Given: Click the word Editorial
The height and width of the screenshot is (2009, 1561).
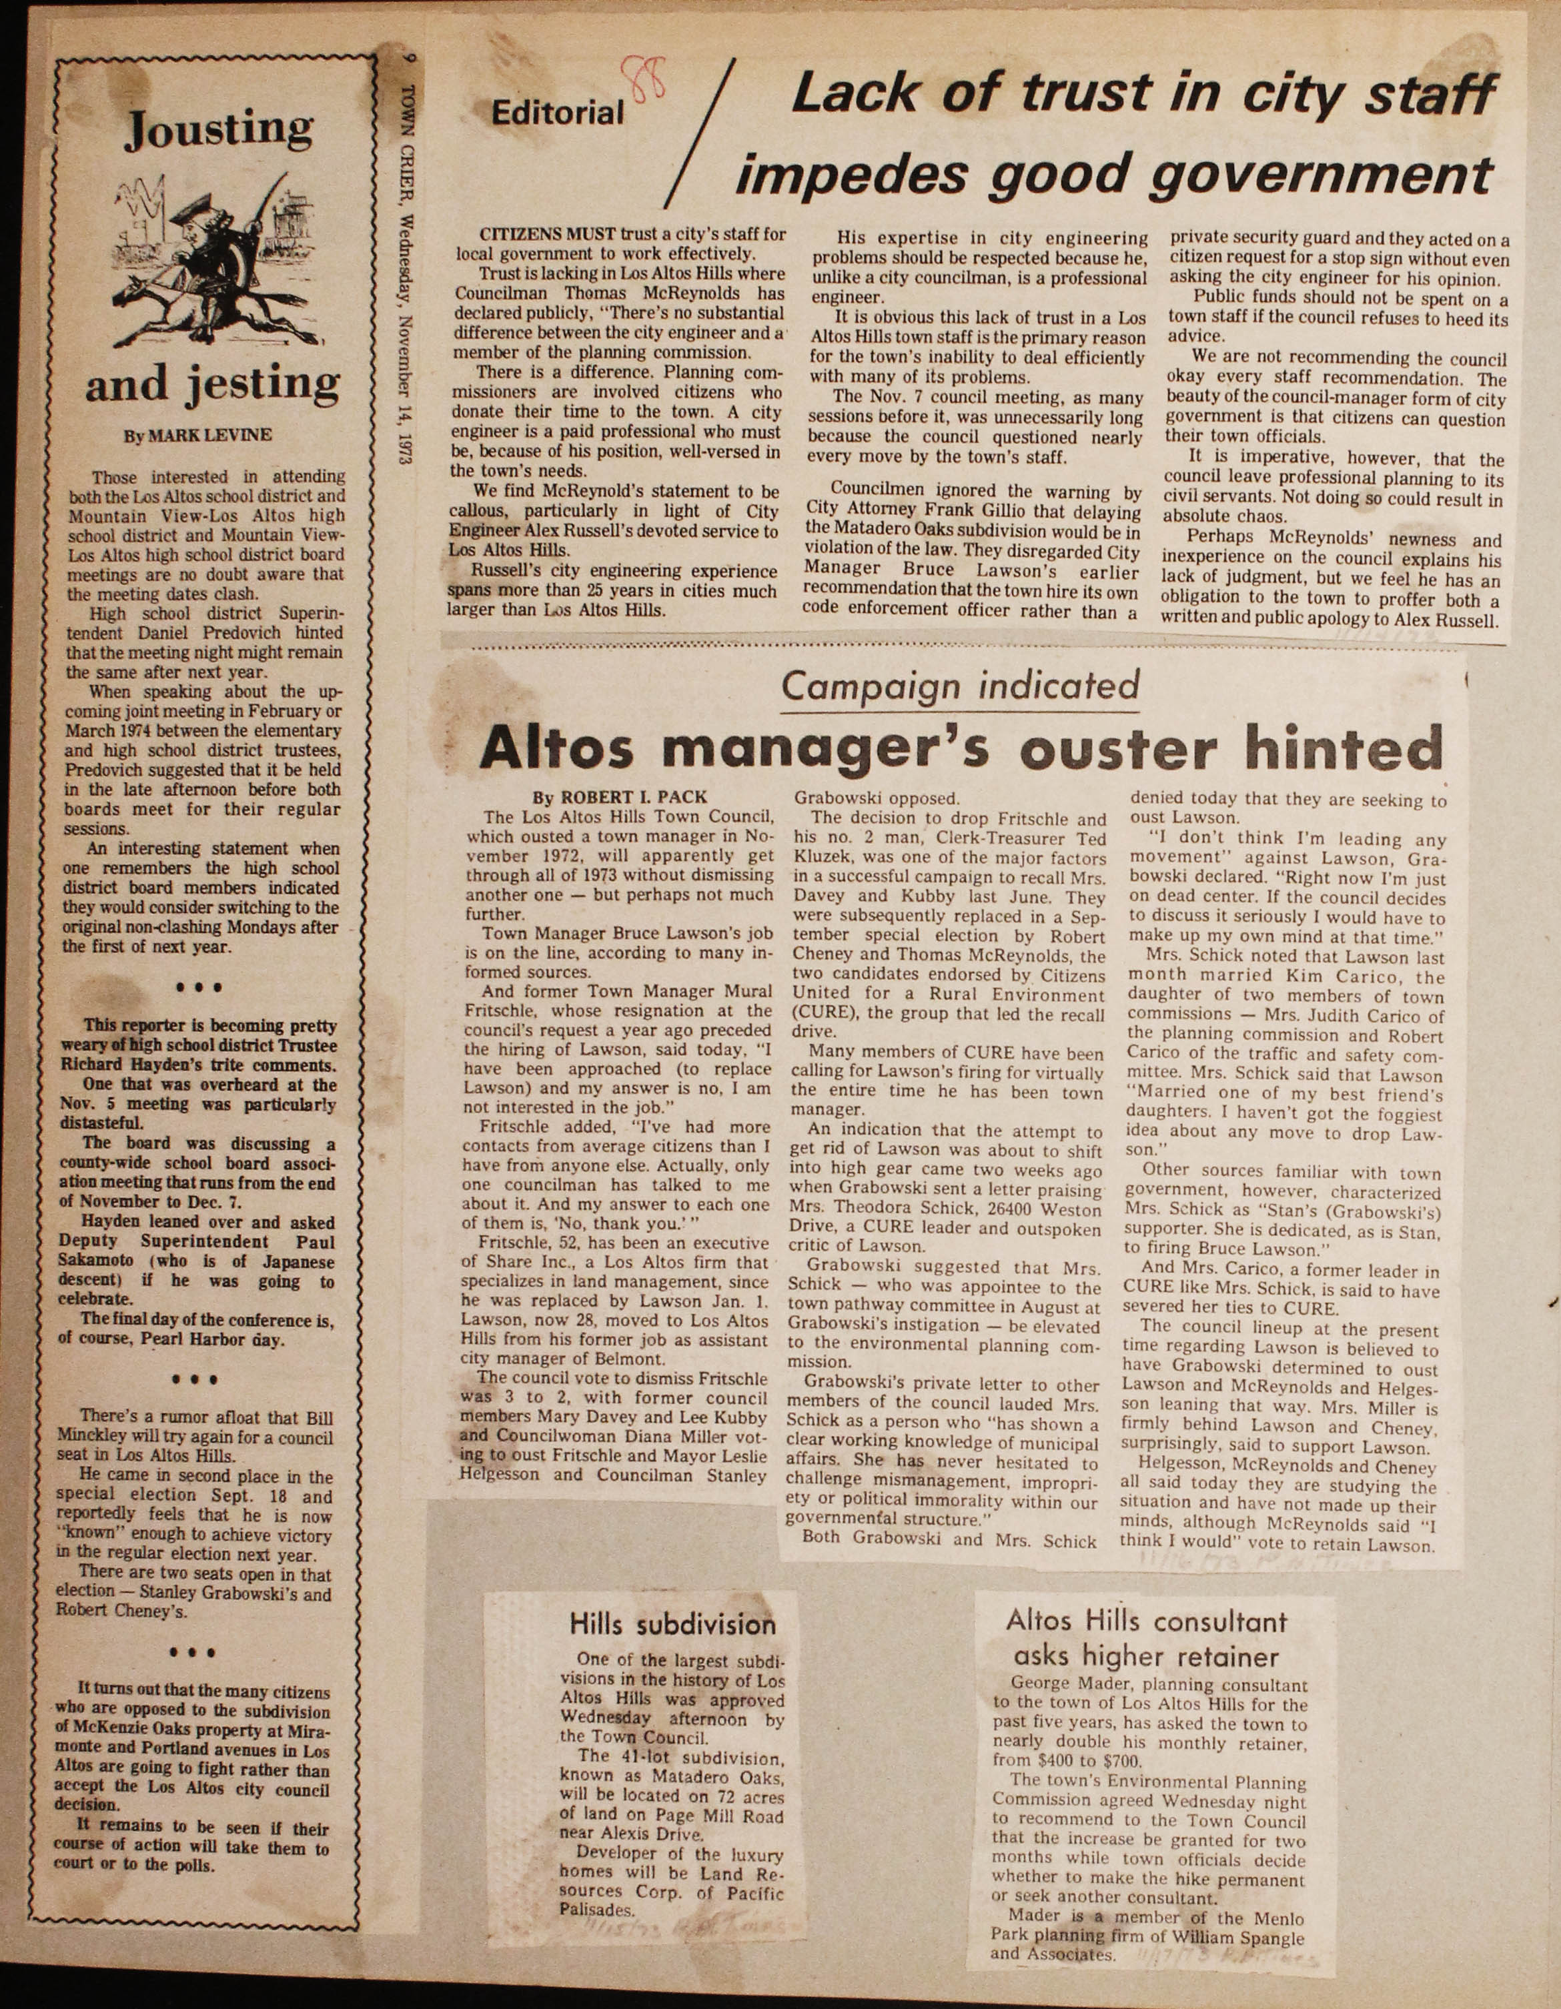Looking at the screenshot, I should coord(558,113).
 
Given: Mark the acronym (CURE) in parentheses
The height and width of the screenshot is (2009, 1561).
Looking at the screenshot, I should coord(816,1015).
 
